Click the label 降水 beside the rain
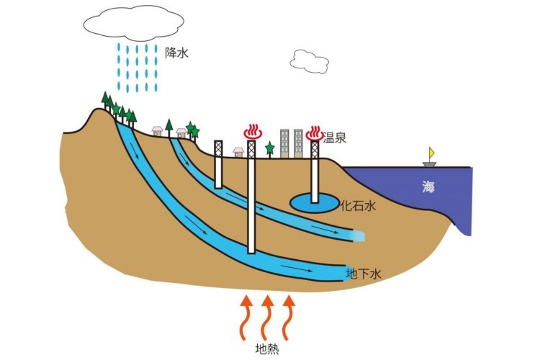point(176,52)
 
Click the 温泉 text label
point(335,137)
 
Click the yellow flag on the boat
point(432,152)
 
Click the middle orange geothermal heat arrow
point(267,317)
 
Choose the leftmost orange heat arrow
point(246,317)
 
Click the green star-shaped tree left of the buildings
point(270,148)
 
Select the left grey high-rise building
point(284,143)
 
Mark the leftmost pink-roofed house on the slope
point(157,130)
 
